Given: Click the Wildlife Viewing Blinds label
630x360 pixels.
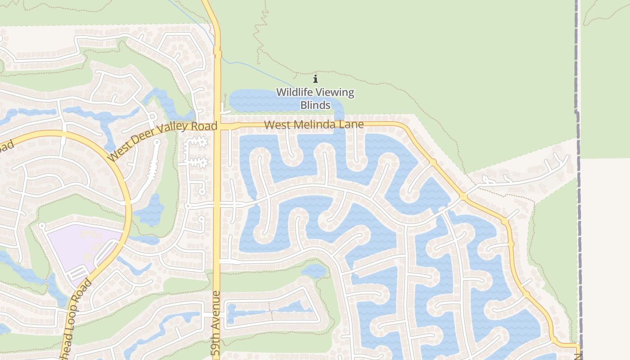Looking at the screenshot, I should click(x=315, y=99).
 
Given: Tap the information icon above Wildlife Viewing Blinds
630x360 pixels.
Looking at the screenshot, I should click(x=315, y=79).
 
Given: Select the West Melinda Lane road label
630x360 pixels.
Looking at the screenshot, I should click(x=314, y=125).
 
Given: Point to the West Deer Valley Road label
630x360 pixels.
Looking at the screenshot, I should click(x=162, y=140).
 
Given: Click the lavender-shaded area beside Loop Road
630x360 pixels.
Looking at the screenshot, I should click(x=81, y=245).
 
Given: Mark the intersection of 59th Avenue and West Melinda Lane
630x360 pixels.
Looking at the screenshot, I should click(x=217, y=126).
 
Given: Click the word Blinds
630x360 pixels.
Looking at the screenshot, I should click(x=315, y=105).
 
